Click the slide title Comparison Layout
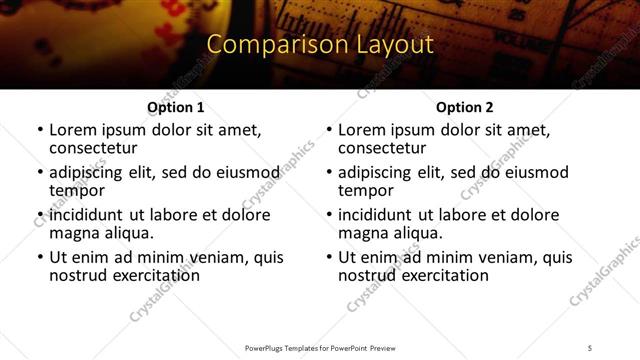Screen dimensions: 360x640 tap(319, 45)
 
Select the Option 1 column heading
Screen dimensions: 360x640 tap(175, 107)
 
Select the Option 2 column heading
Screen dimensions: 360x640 tap(464, 107)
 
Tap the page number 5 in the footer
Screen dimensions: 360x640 tap(590, 347)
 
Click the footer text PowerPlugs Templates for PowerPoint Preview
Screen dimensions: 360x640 tap(319, 347)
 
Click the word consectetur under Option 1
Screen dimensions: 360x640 tap(97, 148)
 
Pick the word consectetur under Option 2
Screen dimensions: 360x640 tap(386, 148)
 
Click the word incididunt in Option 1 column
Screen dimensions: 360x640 tap(86, 215)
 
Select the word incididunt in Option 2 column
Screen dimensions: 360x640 tap(375, 215)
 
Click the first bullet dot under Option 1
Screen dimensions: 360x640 tap(39, 131)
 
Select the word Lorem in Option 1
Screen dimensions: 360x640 tap(72, 130)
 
